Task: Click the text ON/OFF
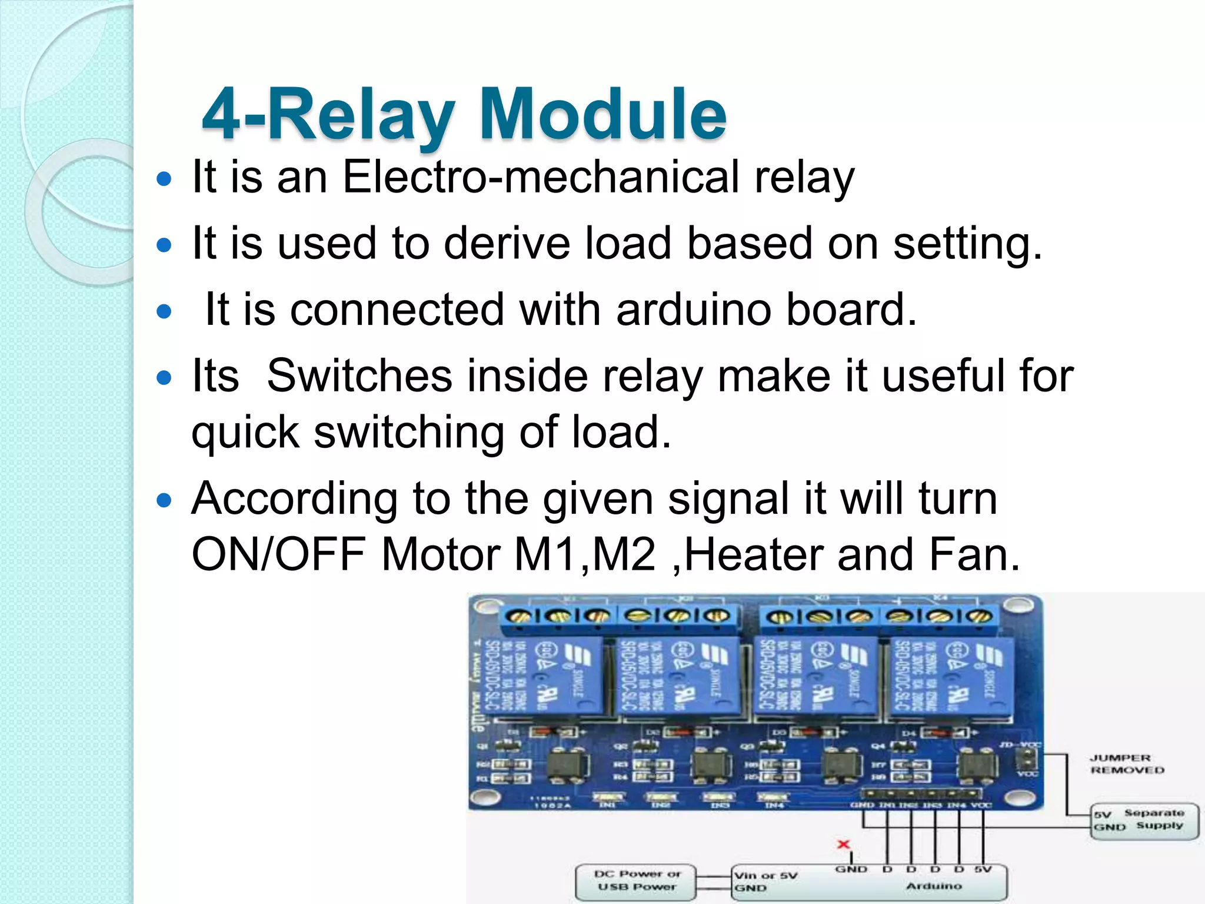point(278,554)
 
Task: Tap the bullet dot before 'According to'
point(164,501)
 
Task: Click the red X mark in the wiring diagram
point(843,845)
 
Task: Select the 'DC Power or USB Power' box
point(636,881)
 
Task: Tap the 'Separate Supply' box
point(1144,820)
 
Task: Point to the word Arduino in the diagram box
point(934,886)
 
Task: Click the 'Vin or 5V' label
point(765,875)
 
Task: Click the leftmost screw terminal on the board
point(518,617)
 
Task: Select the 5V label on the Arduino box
point(983,869)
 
